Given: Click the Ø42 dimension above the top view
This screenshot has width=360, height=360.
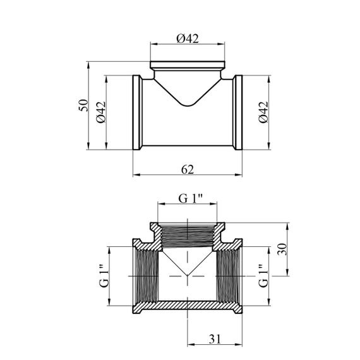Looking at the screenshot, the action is tap(188, 39).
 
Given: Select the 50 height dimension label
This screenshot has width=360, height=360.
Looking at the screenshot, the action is tap(83, 105).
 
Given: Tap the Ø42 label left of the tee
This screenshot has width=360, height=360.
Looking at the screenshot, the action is tap(101, 112).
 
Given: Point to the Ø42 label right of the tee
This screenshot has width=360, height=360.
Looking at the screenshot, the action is tap(263, 112).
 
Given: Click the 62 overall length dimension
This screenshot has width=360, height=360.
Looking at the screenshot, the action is tap(188, 169).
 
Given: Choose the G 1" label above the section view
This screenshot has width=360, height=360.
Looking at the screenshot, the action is tap(190, 199).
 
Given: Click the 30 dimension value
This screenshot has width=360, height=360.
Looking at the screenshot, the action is tap(282, 249).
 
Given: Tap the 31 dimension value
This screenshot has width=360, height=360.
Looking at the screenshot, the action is tap(215, 339).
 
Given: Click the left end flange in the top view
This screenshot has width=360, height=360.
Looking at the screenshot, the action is tap(137, 112).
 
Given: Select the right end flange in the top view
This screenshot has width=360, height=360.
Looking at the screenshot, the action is tap(238, 112).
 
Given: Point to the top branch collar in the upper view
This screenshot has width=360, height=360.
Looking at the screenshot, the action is tap(188, 65).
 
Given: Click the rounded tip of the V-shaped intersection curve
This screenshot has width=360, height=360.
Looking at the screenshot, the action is tap(188, 105).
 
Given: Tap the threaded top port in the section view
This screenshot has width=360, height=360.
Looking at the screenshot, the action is tap(188, 236).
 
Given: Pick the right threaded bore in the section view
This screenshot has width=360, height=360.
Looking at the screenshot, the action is tap(229, 276).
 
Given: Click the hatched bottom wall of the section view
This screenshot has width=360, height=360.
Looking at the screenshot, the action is tap(188, 305).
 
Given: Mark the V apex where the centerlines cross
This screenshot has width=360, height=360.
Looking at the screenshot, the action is tap(188, 276).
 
